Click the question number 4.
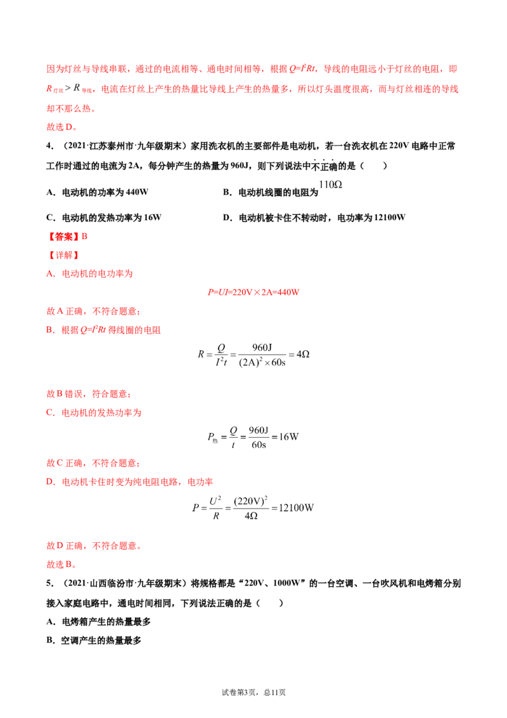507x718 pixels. click(49, 146)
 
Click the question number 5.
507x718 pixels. click(49, 584)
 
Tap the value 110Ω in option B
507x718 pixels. click(330, 185)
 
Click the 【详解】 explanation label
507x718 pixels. click(64, 255)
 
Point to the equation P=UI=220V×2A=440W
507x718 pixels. click(253, 292)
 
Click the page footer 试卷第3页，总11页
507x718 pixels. click(253, 693)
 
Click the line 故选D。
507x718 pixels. click(61, 127)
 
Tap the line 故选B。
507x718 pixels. click(61, 565)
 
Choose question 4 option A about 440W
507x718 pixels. click(98, 192)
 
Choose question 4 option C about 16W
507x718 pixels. click(104, 218)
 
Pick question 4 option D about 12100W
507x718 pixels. click(314, 218)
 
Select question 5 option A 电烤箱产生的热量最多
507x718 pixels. click(98, 622)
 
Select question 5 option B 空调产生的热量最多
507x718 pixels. click(94, 641)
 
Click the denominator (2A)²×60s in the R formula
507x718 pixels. click(262, 362)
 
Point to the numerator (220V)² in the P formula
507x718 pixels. click(251, 501)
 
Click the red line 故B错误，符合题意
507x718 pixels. click(89, 394)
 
